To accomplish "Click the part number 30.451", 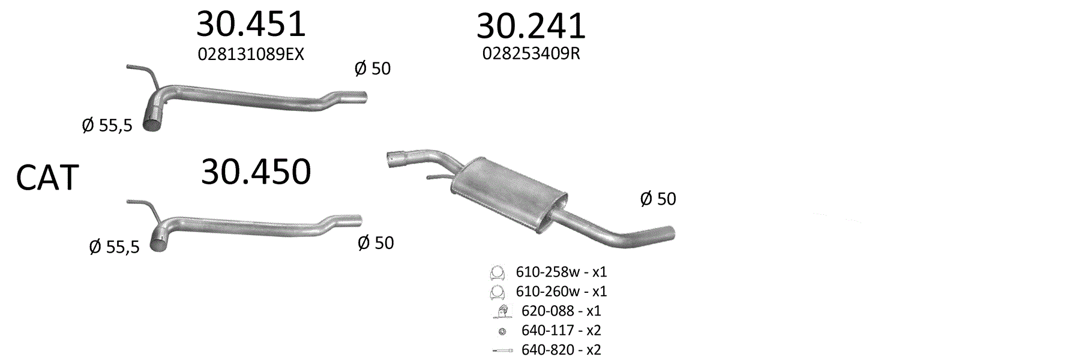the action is [251, 24].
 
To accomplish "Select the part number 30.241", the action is [530, 26].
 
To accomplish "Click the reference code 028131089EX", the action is [251, 55].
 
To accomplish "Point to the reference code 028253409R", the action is [531, 53].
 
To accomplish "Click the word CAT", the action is [47, 178].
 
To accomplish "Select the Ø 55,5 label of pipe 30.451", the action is [107, 126].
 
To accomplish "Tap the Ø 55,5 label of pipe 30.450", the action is [114, 247].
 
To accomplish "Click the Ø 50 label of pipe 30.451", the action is [373, 68].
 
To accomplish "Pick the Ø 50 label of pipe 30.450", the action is [376, 242].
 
